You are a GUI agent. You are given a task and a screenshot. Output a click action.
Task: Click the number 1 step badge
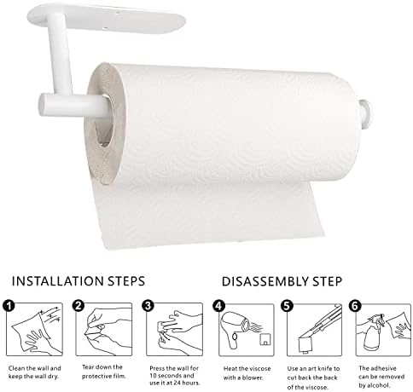click(9, 306)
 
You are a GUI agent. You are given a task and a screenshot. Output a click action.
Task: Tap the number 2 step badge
click(79, 306)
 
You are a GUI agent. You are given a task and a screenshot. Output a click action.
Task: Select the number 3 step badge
click(148, 306)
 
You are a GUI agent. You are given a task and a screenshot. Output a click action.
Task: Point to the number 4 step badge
click(218, 306)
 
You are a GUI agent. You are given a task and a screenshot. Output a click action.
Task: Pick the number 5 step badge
click(287, 306)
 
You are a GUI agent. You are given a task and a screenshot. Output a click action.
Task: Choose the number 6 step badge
click(355, 306)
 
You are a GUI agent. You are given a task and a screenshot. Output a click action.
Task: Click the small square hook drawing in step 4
click(265, 339)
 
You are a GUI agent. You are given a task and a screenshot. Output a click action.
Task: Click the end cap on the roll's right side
click(366, 113)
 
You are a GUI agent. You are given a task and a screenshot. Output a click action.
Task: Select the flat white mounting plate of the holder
click(107, 17)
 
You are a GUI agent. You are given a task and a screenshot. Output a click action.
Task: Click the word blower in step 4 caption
click(252, 378)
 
